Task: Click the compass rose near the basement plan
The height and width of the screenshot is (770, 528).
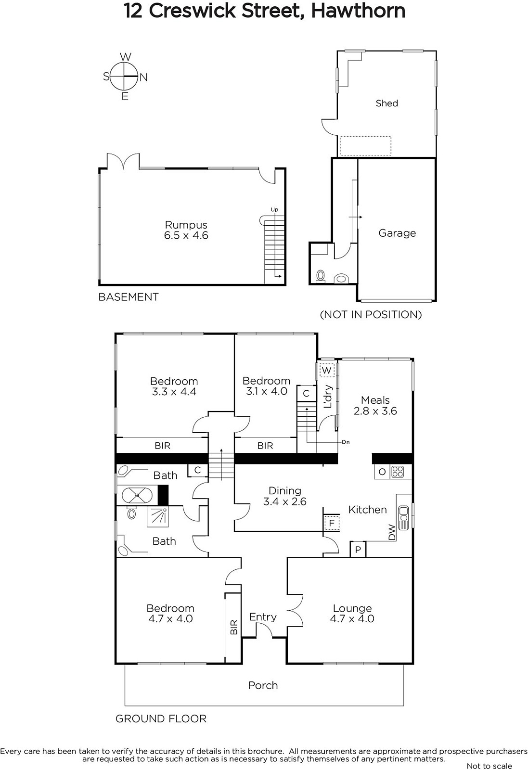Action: click(125, 77)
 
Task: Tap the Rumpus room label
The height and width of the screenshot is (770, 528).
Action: click(186, 230)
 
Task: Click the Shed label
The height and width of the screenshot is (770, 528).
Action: click(386, 103)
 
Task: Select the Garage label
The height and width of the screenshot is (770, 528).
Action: click(397, 233)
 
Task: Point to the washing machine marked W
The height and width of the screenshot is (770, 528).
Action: click(326, 370)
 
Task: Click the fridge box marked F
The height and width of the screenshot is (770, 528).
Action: click(332, 524)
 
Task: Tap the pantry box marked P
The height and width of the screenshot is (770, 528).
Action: click(358, 549)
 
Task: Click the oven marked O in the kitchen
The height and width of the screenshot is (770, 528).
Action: click(382, 472)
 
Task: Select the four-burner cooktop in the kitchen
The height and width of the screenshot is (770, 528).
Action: click(397, 472)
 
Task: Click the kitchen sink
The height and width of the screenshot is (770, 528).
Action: click(403, 518)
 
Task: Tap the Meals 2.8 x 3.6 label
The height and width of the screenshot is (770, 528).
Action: click(375, 406)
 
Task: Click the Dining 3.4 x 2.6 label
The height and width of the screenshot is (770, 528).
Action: click(284, 496)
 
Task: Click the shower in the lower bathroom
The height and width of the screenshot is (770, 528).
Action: click(158, 517)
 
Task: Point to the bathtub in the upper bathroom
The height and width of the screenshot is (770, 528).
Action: click(137, 495)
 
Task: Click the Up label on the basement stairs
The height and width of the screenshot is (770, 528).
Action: click(274, 210)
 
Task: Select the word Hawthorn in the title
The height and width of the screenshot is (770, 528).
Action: click(358, 11)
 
